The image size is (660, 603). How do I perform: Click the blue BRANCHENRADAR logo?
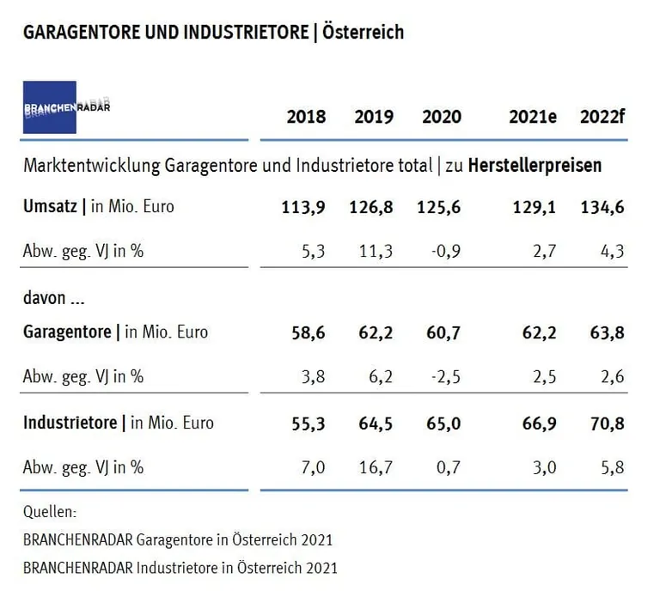coord(50,107)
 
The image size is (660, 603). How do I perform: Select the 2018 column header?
coord(306,117)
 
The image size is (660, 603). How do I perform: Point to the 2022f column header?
coord(602,117)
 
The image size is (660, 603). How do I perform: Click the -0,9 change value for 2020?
coord(444,250)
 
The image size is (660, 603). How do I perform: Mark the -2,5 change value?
coord(444,375)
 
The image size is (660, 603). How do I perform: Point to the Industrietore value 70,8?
coord(605,423)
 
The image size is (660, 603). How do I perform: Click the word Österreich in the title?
coord(363,33)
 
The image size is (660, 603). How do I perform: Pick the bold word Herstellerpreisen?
coord(535,166)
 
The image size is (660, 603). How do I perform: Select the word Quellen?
coord(50,512)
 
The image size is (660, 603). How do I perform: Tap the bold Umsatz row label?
coord(50,207)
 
